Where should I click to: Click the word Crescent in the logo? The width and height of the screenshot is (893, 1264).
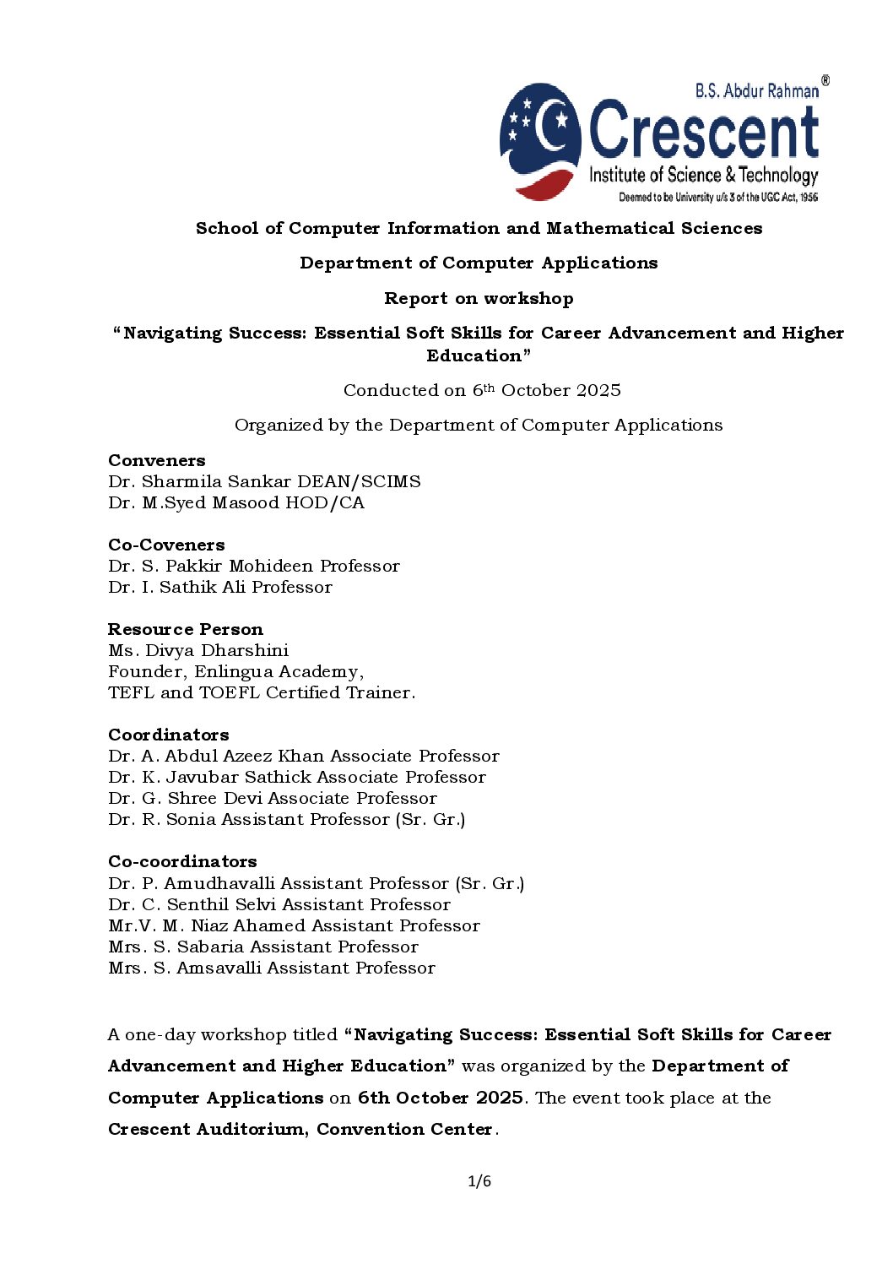tap(704, 130)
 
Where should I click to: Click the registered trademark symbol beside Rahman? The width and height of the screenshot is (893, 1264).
tap(825, 81)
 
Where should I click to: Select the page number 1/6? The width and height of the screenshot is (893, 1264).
tap(479, 1180)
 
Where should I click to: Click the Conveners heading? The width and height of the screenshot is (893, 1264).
tap(157, 460)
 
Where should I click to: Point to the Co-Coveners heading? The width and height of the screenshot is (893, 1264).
tap(166, 545)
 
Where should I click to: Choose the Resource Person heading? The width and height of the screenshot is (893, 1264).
tap(186, 629)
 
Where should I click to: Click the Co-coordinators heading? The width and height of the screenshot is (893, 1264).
tap(182, 861)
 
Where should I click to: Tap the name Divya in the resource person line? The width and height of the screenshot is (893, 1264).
tap(170, 650)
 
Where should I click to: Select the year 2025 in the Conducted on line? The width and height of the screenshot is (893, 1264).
tap(596, 390)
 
